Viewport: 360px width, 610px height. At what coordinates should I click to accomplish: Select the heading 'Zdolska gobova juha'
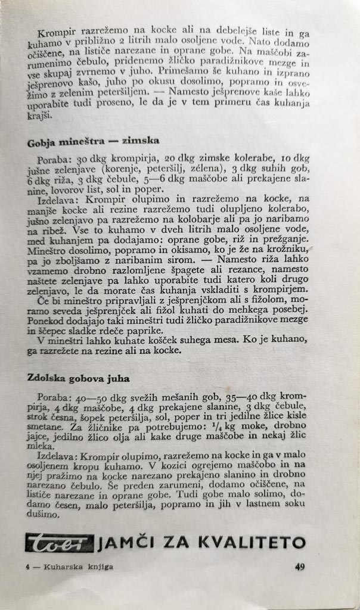tap(78, 378)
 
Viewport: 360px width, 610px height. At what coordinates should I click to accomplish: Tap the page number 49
tap(300, 567)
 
